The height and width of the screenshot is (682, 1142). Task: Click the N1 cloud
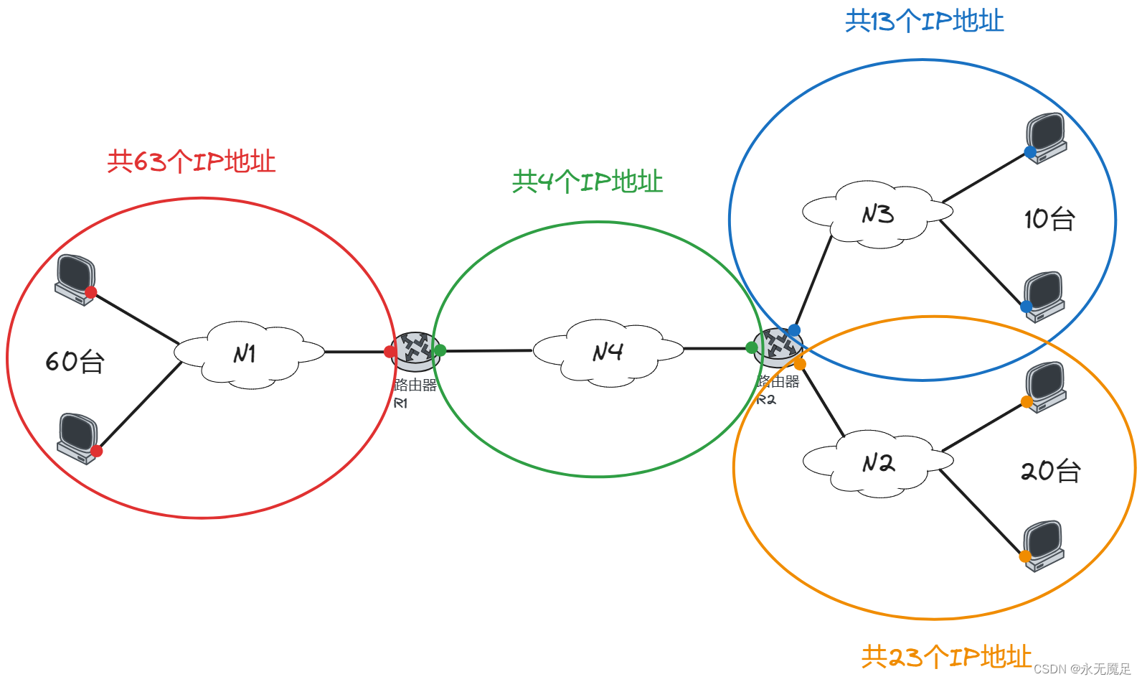[248, 355]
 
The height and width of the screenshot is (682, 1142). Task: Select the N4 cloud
[608, 352]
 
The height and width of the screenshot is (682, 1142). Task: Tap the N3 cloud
[877, 214]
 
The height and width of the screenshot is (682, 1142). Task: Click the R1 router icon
[416, 350]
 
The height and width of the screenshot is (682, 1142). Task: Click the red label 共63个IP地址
[192, 162]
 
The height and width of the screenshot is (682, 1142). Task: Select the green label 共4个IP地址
[587, 182]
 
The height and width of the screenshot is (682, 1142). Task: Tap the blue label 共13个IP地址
[924, 21]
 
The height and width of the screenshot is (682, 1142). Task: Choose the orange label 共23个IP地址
[946, 656]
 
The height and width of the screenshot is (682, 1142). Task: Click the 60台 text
[75, 361]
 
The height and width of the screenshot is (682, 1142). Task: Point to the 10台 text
[1049, 219]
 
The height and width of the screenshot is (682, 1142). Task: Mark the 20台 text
[1050, 471]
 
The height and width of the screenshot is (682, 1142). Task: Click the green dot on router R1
[440, 350]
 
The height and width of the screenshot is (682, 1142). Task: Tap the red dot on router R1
[390, 352]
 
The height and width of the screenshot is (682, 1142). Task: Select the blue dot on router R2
[794, 330]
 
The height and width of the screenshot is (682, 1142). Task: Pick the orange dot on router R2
[800, 365]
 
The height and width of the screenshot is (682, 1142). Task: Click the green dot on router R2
[752, 348]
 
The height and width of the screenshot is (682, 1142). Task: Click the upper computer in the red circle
[75, 279]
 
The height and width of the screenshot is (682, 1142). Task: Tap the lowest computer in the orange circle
[1044, 546]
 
